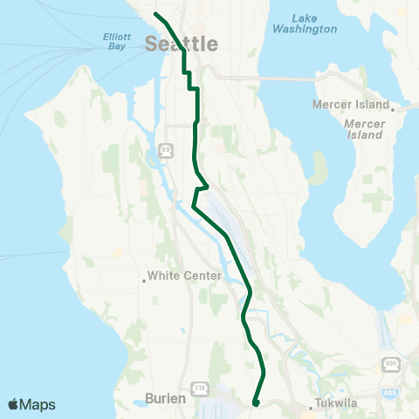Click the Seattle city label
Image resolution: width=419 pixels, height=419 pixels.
coord(182,44)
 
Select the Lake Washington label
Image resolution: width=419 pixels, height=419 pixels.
coord(304,23)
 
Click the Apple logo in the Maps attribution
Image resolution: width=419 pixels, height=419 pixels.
coord(13,404)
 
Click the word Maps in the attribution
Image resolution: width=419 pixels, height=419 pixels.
coord(38,404)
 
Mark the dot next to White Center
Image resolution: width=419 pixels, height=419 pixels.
coord(144,280)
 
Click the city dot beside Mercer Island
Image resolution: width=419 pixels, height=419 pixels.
coord(394,110)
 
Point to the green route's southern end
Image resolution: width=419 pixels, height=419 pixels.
coord(255,403)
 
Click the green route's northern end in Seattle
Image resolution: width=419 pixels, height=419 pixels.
coord(155,14)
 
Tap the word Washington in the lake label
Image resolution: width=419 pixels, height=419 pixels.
coord(304,29)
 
